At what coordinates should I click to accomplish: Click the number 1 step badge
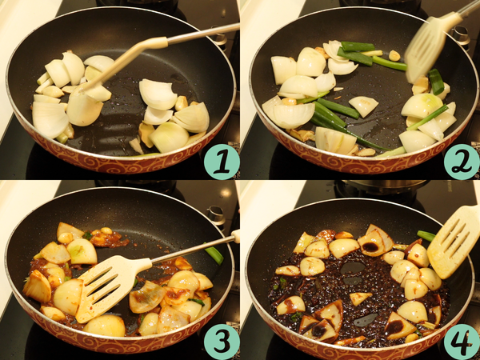click(222, 162)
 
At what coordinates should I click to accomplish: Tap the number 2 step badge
click(462, 162)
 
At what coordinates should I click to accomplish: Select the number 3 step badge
click(222, 342)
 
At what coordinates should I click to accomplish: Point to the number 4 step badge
click(462, 342)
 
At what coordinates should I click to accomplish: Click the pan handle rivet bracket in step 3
click(217, 214)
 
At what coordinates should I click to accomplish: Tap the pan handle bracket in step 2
click(460, 35)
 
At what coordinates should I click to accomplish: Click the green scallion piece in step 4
click(426, 235)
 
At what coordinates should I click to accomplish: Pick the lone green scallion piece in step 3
click(214, 255)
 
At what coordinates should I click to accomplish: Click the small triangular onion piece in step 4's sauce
click(360, 298)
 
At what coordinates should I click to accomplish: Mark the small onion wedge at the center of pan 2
click(363, 106)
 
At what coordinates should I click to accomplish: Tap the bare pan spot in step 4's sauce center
click(352, 268)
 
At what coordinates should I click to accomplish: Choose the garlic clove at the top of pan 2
click(394, 55)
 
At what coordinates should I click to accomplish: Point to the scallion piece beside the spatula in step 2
click(436, 82)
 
